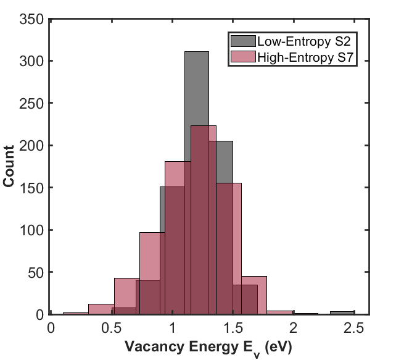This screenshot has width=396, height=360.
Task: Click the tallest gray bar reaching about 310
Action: pyautogui.click(x=196, y=93)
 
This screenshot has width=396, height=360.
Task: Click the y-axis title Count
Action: pyautogui.click(x=10, y=167)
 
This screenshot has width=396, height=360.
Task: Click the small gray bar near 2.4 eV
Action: pyautogui.click(x=342, y=313)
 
